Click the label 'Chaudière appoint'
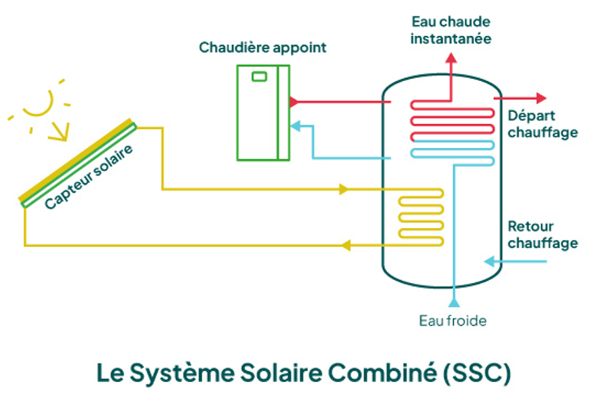(263, 47)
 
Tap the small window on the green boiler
(260, 76)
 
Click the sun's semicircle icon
(38, 104)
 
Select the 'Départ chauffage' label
(543, 125)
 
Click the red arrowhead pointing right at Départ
(540, 98)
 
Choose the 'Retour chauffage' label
(543, 234)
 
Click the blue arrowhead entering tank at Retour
(489, 261)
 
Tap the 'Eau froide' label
(452, 321)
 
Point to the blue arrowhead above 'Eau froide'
(453, 302)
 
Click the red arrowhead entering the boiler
(294, 101)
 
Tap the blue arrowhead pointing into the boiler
(295, 125)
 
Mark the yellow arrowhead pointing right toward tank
(344, 188)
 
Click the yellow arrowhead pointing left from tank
(346, 245)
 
